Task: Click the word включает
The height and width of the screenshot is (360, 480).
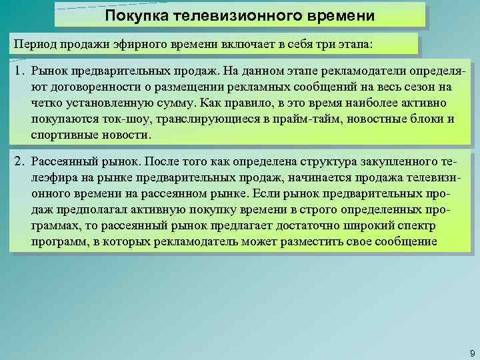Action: pyautogui.click(x=236, y=43)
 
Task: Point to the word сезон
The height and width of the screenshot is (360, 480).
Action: pyautogui.click(x=417, y=87)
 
